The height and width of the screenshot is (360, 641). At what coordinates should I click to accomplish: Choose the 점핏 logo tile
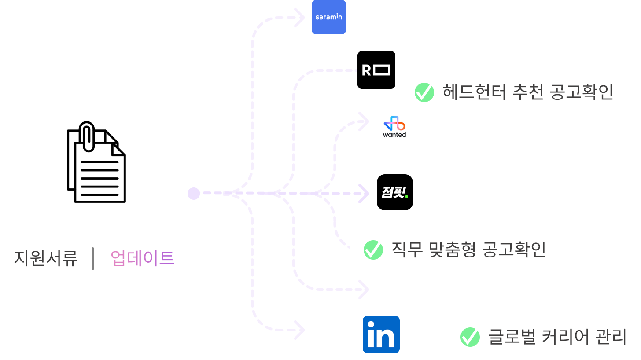coord(395,193)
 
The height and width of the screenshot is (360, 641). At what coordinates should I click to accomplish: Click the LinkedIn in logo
coord(381,335)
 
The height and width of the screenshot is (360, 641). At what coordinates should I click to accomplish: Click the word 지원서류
coord(46,258)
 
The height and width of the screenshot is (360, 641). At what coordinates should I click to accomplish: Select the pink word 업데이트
coord(143,258)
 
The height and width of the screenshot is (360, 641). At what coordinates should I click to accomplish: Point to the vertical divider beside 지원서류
coord(93,258)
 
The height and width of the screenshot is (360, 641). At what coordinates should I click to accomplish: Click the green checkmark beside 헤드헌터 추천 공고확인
coord(424,92)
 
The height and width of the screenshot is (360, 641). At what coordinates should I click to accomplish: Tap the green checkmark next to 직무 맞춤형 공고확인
coord(373,250)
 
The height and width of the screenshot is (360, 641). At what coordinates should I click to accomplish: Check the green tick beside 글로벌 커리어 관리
coord(470,337)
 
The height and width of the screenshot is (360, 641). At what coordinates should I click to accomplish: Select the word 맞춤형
coord(453,250)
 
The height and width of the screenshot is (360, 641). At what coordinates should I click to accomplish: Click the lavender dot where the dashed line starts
coord(194,193)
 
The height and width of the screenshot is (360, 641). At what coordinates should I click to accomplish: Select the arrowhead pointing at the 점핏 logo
coord(365,193)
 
